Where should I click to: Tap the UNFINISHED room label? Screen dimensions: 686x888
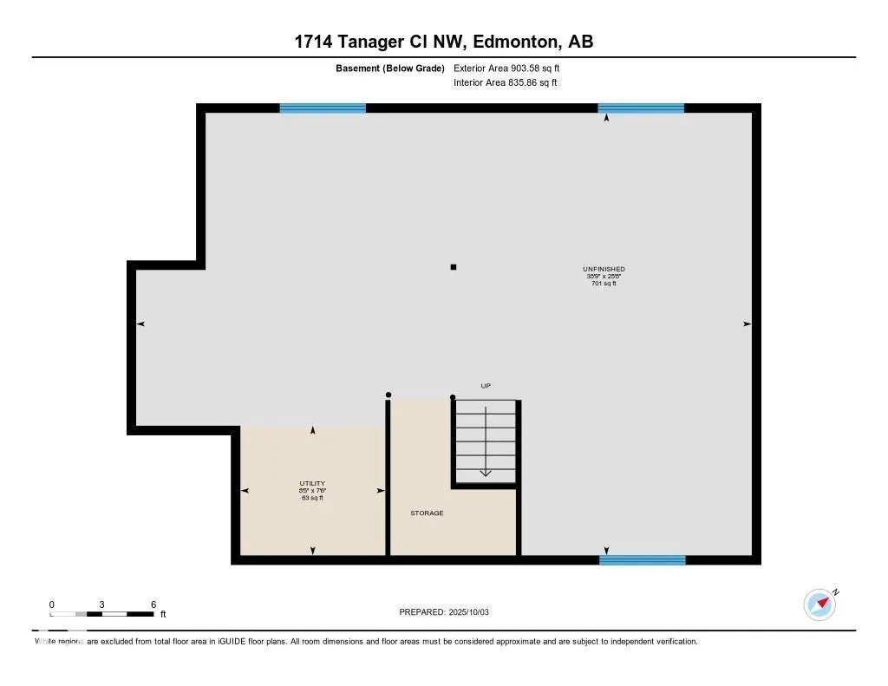(604, 269)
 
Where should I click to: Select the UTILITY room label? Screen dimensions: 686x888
(312, 483)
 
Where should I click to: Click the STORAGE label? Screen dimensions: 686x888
(427, 513)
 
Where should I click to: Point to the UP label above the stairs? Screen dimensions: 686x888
(486, 386)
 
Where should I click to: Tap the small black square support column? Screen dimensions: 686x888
(453, 267)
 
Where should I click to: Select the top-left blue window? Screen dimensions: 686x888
(323, 108)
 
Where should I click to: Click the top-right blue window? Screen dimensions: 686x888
(641, 108)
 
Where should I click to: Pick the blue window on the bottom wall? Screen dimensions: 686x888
(642, 560)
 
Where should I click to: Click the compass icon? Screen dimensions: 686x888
(819, 604)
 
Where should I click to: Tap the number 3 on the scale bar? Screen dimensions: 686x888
(102, 604)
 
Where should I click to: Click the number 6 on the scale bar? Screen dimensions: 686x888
(153, 604)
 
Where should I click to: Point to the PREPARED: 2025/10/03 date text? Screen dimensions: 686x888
(444, 612)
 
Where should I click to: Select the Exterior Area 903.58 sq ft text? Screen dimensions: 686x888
(513, 68)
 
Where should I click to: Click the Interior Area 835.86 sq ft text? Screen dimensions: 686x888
(505, 83)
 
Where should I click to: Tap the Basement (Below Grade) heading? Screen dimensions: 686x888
(390, 68)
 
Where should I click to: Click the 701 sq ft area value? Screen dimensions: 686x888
(604, 284)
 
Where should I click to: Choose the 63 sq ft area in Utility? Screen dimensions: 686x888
(312, 498)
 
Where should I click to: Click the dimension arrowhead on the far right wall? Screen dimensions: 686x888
(747, 323)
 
